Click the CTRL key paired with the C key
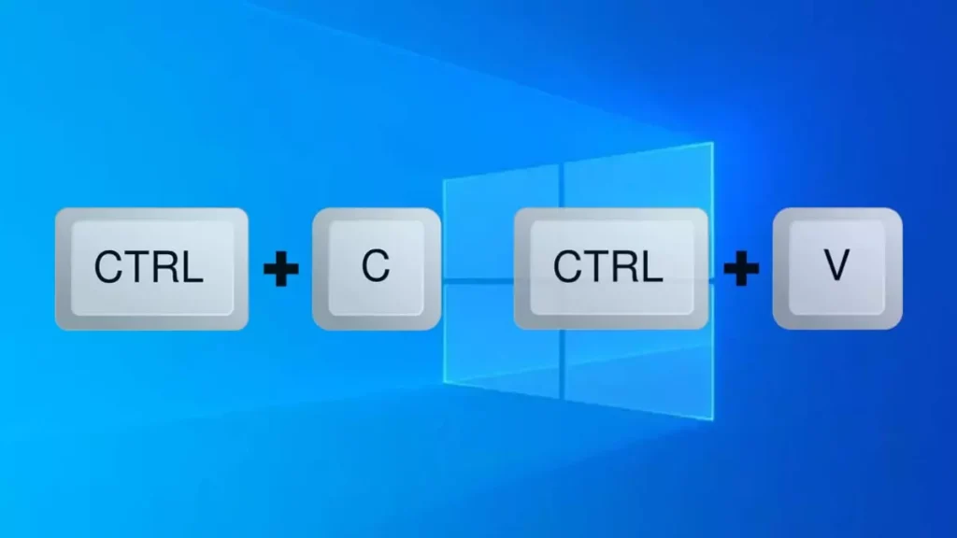tap(151, 268)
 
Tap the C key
tap(376, 268)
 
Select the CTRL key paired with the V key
tap(609, 268)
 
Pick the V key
tap(836, 268)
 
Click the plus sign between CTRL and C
tap(280, 271)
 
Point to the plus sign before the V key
tap(740, 271)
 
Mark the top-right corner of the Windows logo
tap(712, 144)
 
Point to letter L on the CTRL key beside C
tap(192, 268)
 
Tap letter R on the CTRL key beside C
tap(165, 268)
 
